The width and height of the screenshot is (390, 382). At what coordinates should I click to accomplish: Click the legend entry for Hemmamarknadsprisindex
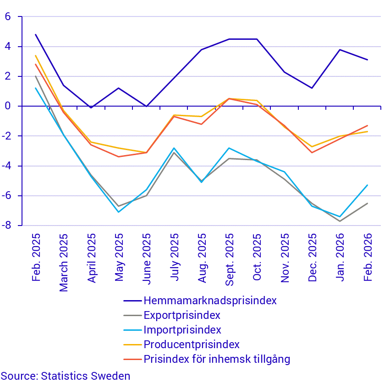point(210,301)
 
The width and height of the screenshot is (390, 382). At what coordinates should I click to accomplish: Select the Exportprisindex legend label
point(182,315)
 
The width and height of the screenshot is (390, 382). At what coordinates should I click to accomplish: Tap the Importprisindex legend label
point(182,330)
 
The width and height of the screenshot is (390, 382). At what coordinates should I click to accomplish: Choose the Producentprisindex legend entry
point(192,344)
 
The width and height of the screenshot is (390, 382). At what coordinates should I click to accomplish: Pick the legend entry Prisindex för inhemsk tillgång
point(217,359)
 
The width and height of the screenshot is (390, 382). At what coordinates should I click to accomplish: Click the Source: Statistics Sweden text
point(65,376)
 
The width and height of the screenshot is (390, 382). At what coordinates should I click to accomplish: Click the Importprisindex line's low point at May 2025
point(118,212)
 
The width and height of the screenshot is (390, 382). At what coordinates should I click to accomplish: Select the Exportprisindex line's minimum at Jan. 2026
point(340,221)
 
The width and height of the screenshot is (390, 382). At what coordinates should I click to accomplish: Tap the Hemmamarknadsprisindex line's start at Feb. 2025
point(35,34)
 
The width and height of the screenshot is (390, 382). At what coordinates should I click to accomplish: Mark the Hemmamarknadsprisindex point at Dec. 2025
point(312,88)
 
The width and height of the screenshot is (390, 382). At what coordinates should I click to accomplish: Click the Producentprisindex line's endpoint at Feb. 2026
point(368,131)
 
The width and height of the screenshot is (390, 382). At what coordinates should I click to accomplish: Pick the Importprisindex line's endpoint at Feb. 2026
point(368,185)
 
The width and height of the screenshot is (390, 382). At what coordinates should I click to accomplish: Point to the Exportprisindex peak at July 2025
point(174,152)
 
